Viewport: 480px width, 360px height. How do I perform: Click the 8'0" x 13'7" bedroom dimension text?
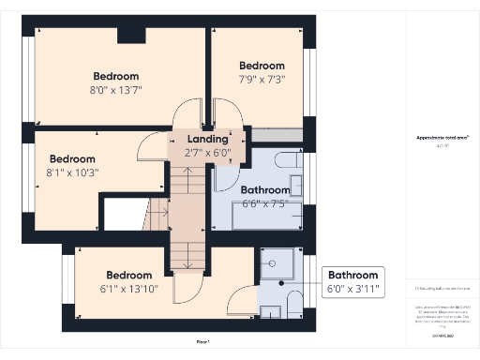(116, 92)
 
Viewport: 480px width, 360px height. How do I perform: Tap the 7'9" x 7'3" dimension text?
(262, 80)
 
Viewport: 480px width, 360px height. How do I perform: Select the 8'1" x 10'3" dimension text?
(72, 172)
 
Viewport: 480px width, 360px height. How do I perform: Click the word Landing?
(208, 138)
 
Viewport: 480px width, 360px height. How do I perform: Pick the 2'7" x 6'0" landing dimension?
(208, 151)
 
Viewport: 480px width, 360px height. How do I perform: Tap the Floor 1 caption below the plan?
(202, 342)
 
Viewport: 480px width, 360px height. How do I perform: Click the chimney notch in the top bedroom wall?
(131, 36)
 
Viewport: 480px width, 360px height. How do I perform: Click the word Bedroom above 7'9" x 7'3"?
(262, 66)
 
